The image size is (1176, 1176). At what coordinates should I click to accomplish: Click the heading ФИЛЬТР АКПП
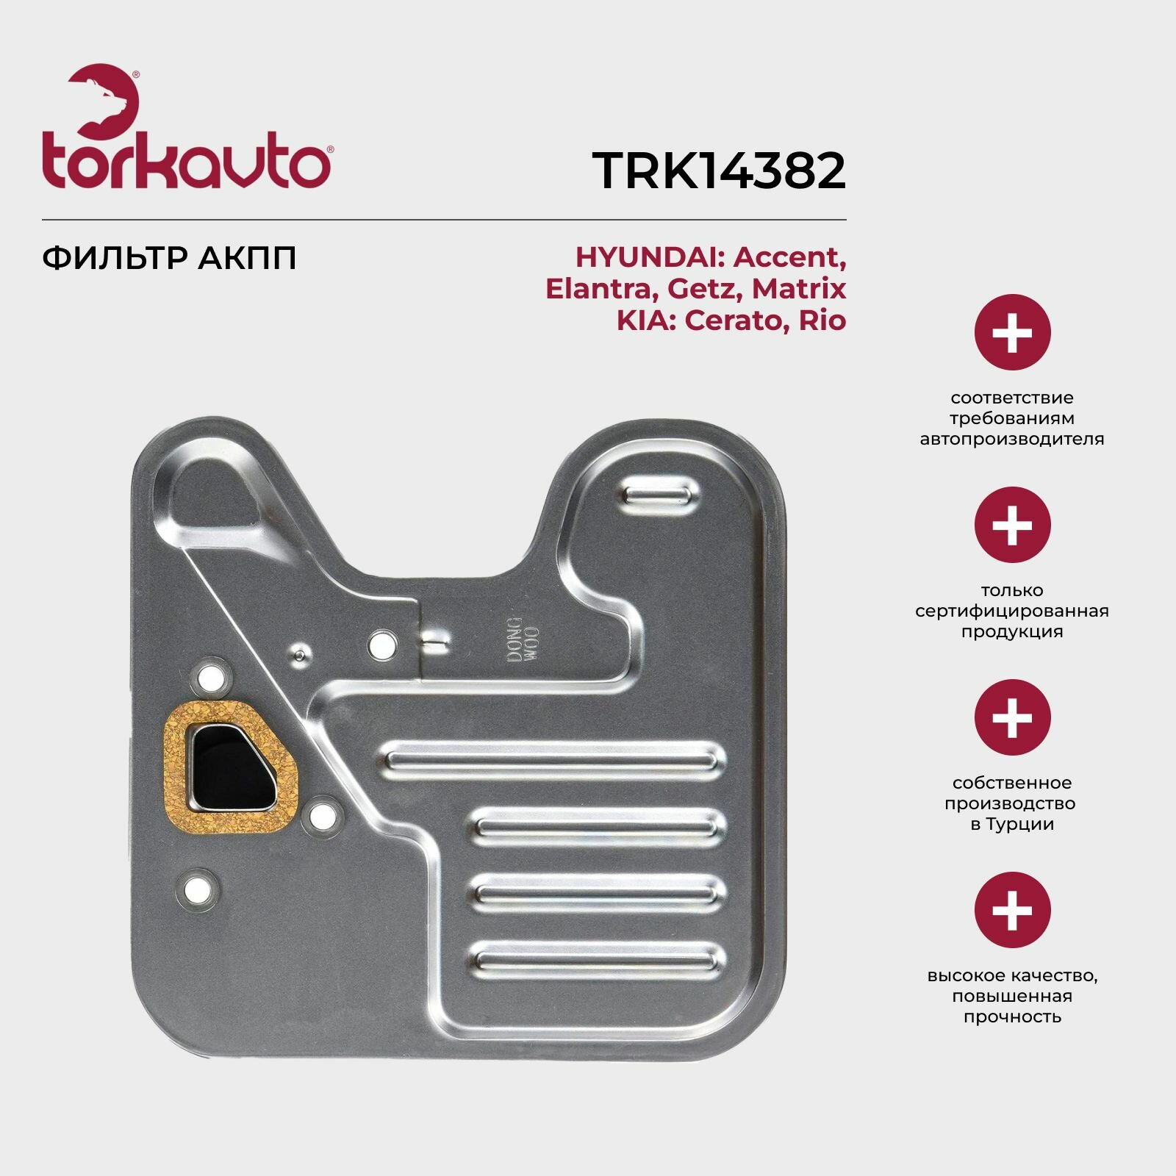(x=169, y=258)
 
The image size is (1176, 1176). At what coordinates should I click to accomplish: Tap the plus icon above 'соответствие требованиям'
(x=1012, y=332)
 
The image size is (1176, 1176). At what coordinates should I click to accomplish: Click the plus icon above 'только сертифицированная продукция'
(x=1012, y=525)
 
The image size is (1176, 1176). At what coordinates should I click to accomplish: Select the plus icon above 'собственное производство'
(x=1012, y=717)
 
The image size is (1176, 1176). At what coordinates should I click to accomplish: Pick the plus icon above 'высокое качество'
(x=1012, y=910)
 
